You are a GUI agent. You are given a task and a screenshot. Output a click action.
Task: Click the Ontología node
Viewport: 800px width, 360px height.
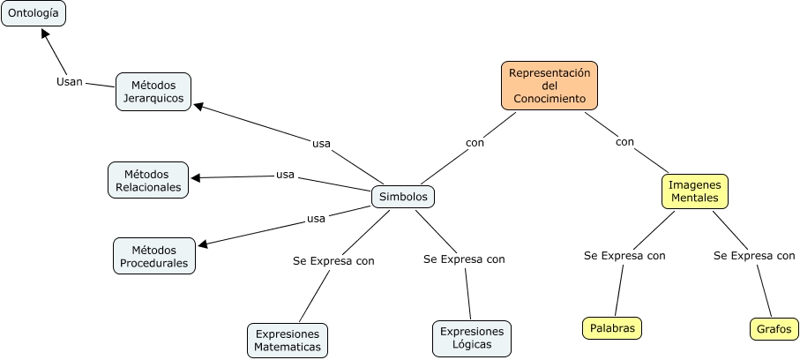[34, 13]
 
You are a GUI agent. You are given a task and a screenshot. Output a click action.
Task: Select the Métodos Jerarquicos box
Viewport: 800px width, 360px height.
[153, 92]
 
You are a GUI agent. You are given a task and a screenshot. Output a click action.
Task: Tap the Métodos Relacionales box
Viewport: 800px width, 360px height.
[148, 180]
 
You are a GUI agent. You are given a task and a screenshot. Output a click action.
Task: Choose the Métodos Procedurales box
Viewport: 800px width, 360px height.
[154, 257]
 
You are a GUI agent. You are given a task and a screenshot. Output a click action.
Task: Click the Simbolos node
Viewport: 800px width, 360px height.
[403, 197]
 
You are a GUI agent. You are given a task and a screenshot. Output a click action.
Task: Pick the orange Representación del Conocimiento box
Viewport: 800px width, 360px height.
[550, 86]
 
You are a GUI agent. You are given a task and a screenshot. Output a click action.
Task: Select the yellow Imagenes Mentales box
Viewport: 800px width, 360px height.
[695, 191]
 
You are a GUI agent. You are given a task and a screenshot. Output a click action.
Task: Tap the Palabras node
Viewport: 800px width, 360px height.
[612, 328]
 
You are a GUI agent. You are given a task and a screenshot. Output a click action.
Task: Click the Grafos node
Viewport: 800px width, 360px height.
[774, 329]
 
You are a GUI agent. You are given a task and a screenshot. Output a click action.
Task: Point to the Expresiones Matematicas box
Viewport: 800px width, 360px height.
[288, 341]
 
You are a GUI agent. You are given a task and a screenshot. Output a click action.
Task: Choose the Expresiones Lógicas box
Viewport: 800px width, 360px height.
[471, 338]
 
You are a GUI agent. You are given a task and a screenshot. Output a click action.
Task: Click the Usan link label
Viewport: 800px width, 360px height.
[70, 82]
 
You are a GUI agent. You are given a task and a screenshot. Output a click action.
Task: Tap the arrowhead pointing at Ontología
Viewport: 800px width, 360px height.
[45, 34]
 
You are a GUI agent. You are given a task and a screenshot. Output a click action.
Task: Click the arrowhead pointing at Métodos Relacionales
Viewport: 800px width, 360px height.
[196, 177]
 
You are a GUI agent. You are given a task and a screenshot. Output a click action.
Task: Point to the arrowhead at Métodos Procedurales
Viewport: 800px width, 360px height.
[203, 244]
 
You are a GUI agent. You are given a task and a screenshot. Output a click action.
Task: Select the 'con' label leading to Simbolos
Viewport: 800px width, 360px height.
[475, 143]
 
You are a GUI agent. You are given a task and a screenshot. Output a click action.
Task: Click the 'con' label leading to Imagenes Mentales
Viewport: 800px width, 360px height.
[624, 142]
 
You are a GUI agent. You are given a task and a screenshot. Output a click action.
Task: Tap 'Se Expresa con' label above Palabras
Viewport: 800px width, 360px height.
[624, 255]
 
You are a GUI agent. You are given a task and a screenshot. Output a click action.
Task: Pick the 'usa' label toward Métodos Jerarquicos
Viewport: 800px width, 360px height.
[321, 144]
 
